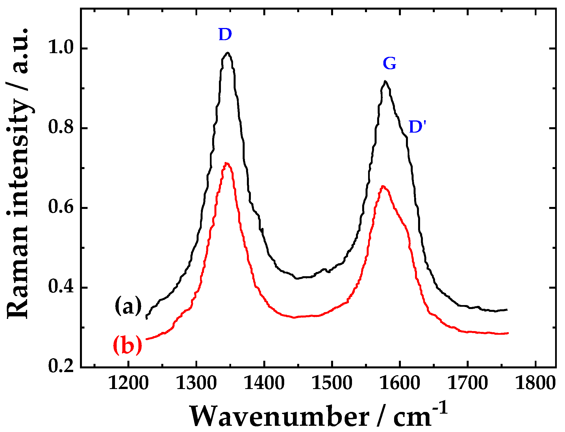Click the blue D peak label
[225, 34]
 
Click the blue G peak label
[390, 64]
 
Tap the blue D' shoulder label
[417, 127]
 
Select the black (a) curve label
[128, 306]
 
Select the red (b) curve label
[127, 345]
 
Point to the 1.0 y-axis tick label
[61, 47]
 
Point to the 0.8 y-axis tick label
[61, 128]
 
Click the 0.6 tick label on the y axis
[61, 207]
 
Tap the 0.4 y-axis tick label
[61, 287]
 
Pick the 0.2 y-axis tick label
[61, 366]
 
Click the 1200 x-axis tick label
[129, 384]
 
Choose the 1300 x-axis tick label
[196, 384]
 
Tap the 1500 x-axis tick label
[332, 384]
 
